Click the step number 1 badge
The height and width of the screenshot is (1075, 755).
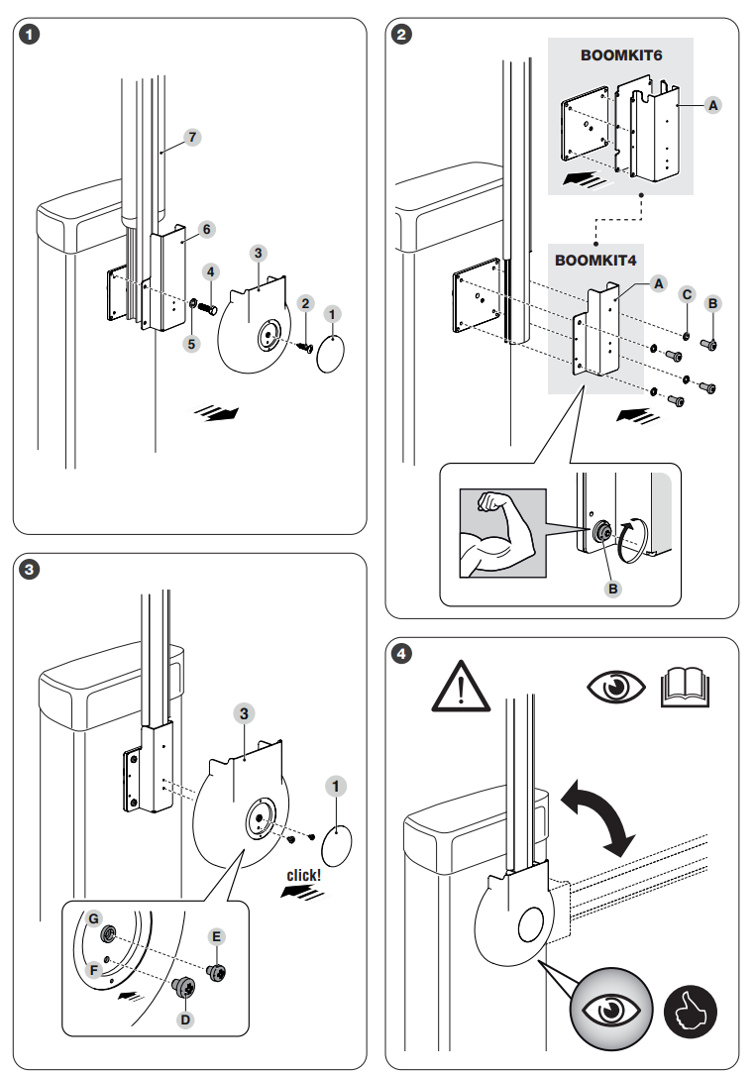[32, 36]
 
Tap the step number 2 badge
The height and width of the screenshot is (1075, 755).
[402, 36]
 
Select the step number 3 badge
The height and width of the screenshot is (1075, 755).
[32, 570]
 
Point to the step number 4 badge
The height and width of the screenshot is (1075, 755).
[402, 654]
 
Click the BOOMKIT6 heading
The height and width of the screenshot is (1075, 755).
[620, 55]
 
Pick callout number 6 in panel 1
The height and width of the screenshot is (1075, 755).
[206, 228]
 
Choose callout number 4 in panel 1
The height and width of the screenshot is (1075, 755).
[211, 269]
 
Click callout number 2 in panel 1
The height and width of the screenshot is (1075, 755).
[306, 301]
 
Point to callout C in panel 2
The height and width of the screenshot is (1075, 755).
[686, 294]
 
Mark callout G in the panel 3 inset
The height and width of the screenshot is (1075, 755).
[93, 918]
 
